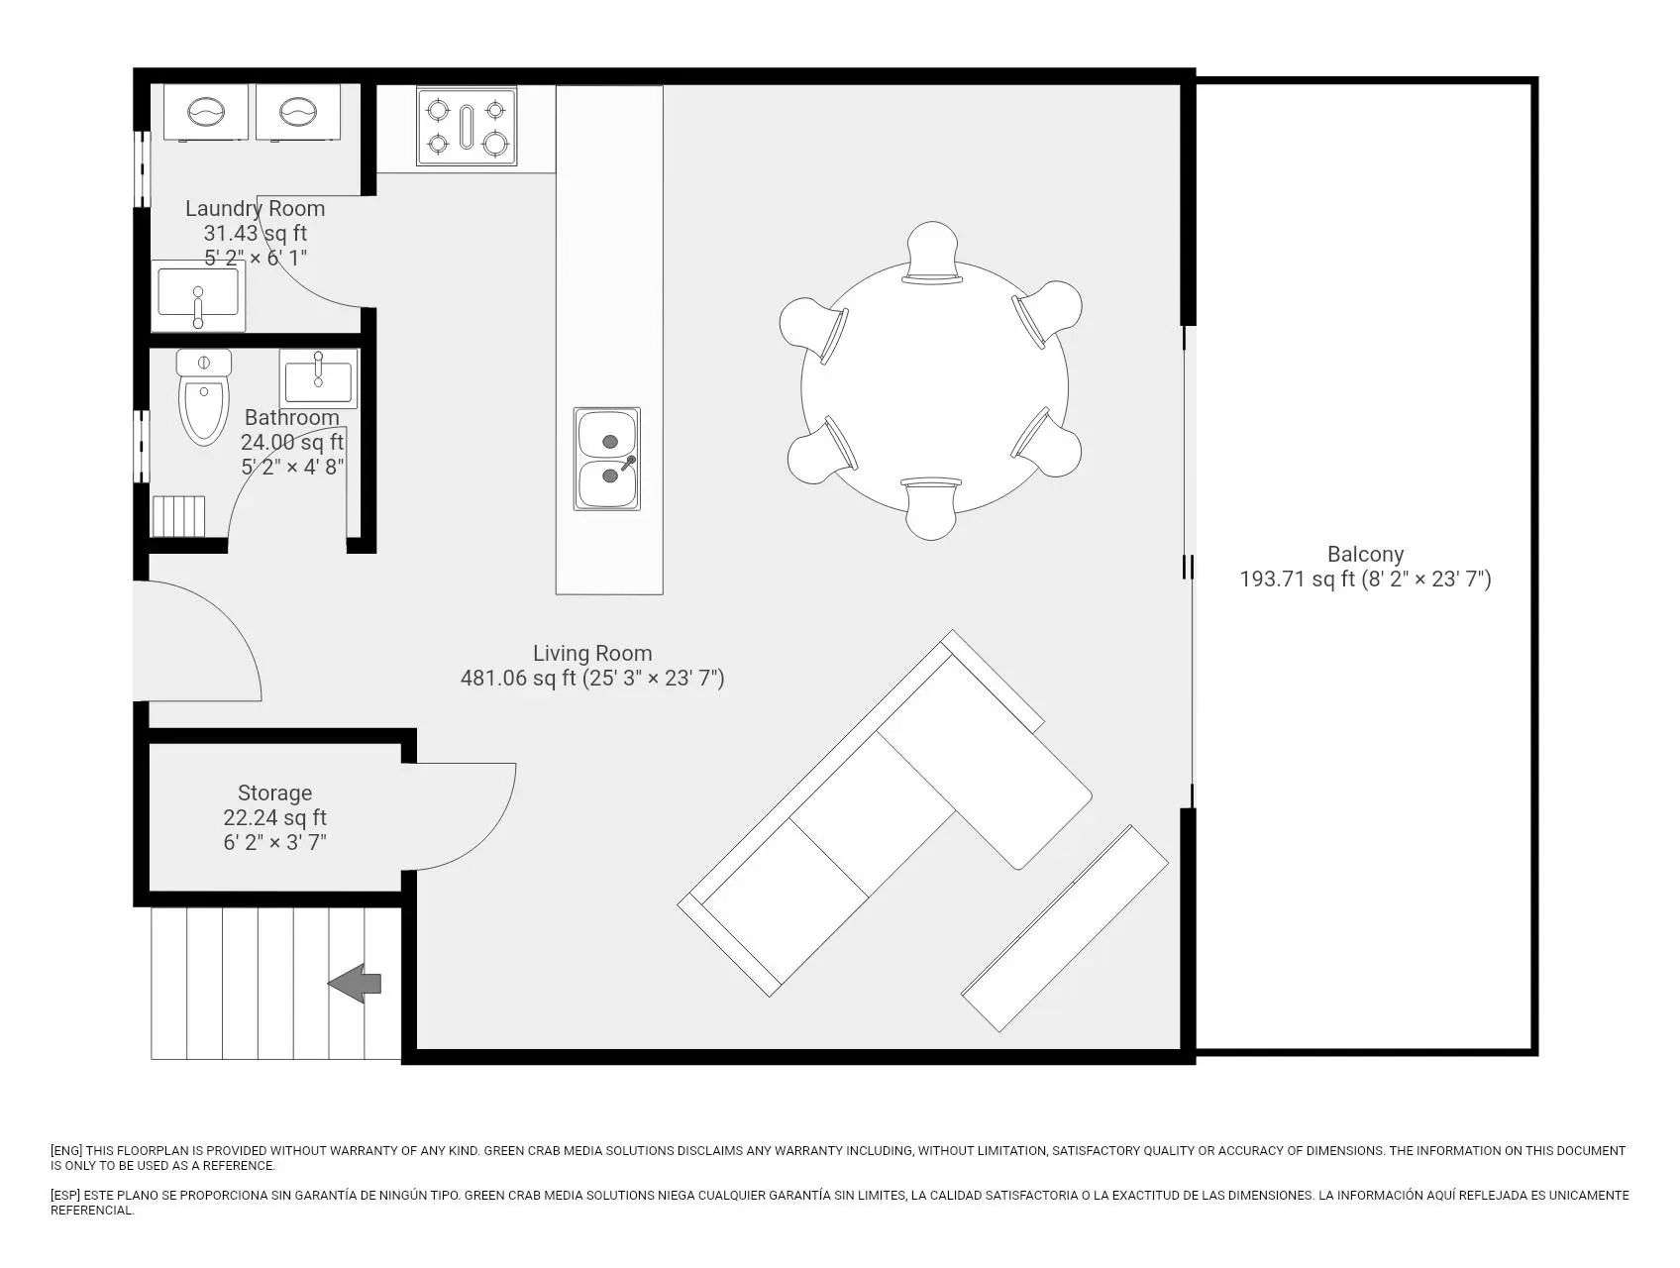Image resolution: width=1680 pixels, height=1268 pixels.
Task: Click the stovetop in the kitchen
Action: pyautogui.click(x=467, y=127)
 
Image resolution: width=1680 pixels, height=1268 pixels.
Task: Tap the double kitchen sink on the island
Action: pyautogui.click(x=607, y=459)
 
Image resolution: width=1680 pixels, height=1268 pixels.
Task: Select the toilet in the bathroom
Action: pyautogui.click(x=204, y=396)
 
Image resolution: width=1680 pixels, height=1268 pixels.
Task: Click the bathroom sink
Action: pyautogui.click(x=318, y=378)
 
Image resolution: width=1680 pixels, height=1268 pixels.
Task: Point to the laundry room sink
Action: pyautogui.click(x=198, y=295)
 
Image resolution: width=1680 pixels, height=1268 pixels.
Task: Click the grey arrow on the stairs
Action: pyautogui.click(x=355, y=983)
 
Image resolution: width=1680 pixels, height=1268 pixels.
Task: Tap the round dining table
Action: pyautogui.click(x=934, y=386)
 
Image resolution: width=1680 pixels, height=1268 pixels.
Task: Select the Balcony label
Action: pyautogui.click(x=1365, y=555)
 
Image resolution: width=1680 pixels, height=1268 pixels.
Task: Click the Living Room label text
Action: pyautogui.click(x=592, y=654)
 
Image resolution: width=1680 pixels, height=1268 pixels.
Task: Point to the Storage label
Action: pyautogui.click(x=274, y=793)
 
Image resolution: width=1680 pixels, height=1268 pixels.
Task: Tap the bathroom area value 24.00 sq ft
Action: pyautogui.click(x=292, y=442)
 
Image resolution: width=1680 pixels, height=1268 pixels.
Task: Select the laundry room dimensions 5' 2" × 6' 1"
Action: pyautogui.click(x=256, y=258)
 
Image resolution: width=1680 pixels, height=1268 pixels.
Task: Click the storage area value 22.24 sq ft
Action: pyautogui.click(x=274, y=818)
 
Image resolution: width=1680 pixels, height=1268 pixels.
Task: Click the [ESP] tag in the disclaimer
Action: pyautogui.click(x=66, y=1196)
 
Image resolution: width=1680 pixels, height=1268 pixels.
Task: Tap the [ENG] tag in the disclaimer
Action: pyautogui.click(x=66, y=1151)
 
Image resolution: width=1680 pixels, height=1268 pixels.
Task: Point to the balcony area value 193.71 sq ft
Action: pyautogui.click(x=1298, y=580)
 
